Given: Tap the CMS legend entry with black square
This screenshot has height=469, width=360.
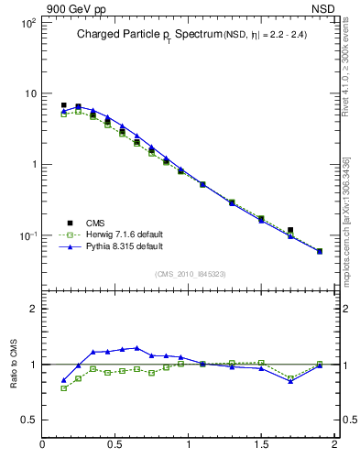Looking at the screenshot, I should [x=95, y=223].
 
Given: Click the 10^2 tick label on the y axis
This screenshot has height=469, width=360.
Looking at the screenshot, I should [x=28, y=23].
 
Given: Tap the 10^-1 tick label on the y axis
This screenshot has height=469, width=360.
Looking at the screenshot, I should [x=28, y=236].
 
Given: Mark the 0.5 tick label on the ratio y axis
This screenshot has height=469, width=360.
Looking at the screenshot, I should [x=28, y=420].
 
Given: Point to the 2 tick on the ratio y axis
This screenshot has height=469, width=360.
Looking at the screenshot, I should [x=32, y=309].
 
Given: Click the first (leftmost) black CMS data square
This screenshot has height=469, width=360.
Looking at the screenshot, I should [x=63, y=105].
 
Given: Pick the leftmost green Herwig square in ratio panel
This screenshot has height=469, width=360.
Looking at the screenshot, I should [x=63, y=388].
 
